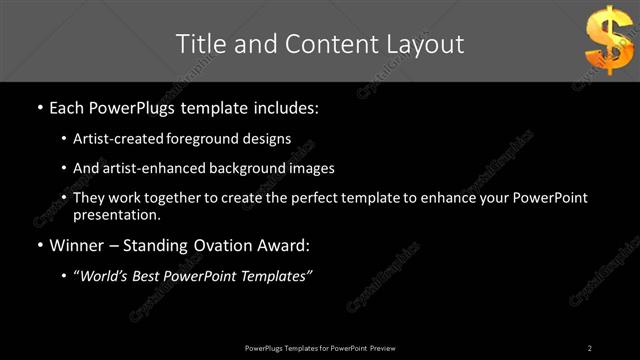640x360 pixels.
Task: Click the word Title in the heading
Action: coord(200,44)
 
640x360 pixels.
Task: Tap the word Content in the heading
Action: coord(317,44)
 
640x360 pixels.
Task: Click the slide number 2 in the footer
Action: coord(590,347)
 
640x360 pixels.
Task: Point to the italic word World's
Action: coord(103,276)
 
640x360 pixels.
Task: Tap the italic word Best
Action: coord(150,276)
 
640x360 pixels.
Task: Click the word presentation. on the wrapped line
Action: coord(116,214)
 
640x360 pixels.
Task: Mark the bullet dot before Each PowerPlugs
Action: coord(39,107)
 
